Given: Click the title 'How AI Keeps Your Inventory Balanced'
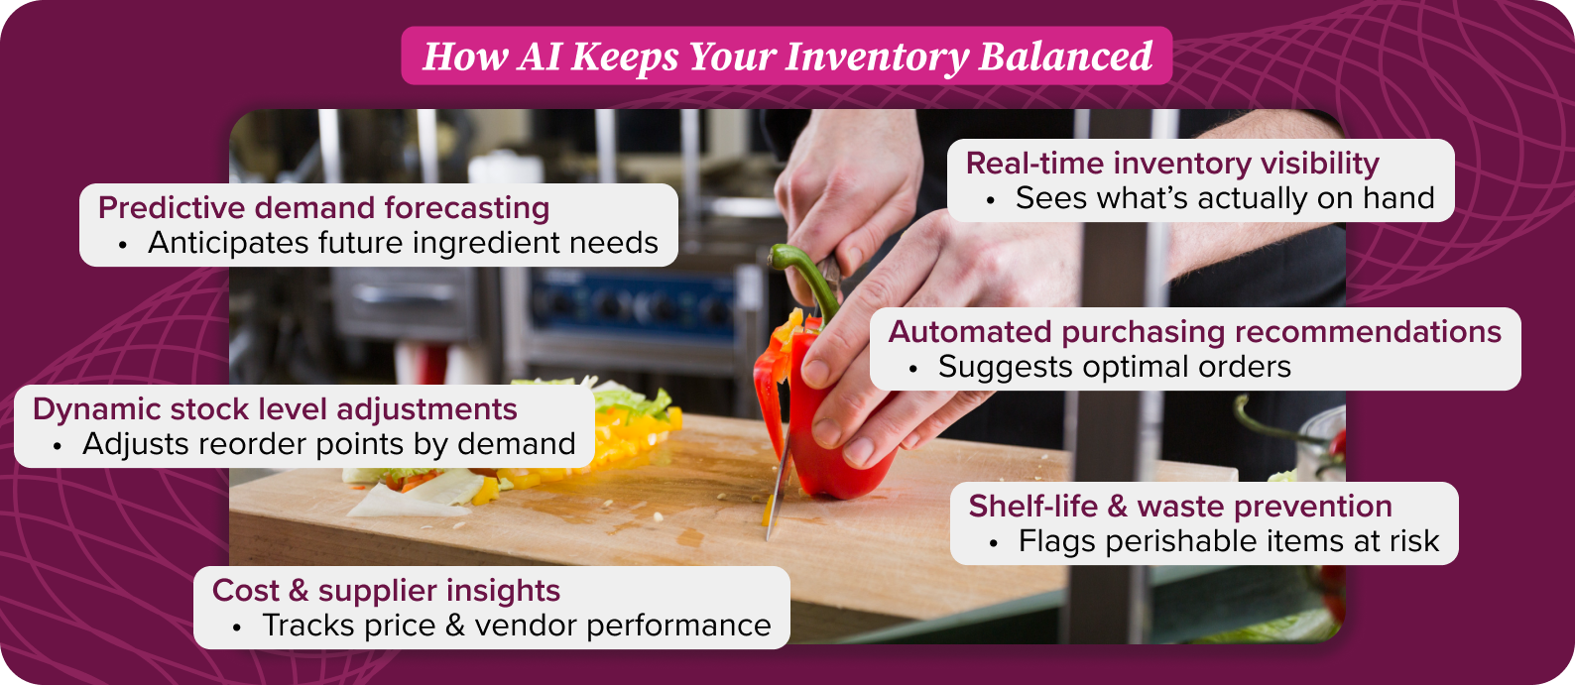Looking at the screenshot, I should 787,57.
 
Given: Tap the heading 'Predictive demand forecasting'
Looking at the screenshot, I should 323,208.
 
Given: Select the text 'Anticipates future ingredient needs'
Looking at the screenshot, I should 403,243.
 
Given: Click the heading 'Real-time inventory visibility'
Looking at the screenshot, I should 1172,164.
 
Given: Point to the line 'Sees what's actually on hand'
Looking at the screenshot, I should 1225,198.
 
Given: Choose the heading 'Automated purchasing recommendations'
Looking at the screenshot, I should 1195,332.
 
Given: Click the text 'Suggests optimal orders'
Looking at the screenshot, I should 1114,367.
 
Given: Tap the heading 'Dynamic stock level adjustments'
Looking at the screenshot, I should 275,409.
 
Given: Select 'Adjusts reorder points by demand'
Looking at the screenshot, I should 328,444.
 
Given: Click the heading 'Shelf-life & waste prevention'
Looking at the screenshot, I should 1180,507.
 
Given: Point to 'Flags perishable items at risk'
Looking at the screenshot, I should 1229,541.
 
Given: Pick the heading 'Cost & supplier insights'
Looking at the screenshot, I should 386,591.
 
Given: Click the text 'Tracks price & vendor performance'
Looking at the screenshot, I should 516,626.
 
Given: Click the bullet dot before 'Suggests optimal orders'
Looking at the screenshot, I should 913,369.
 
